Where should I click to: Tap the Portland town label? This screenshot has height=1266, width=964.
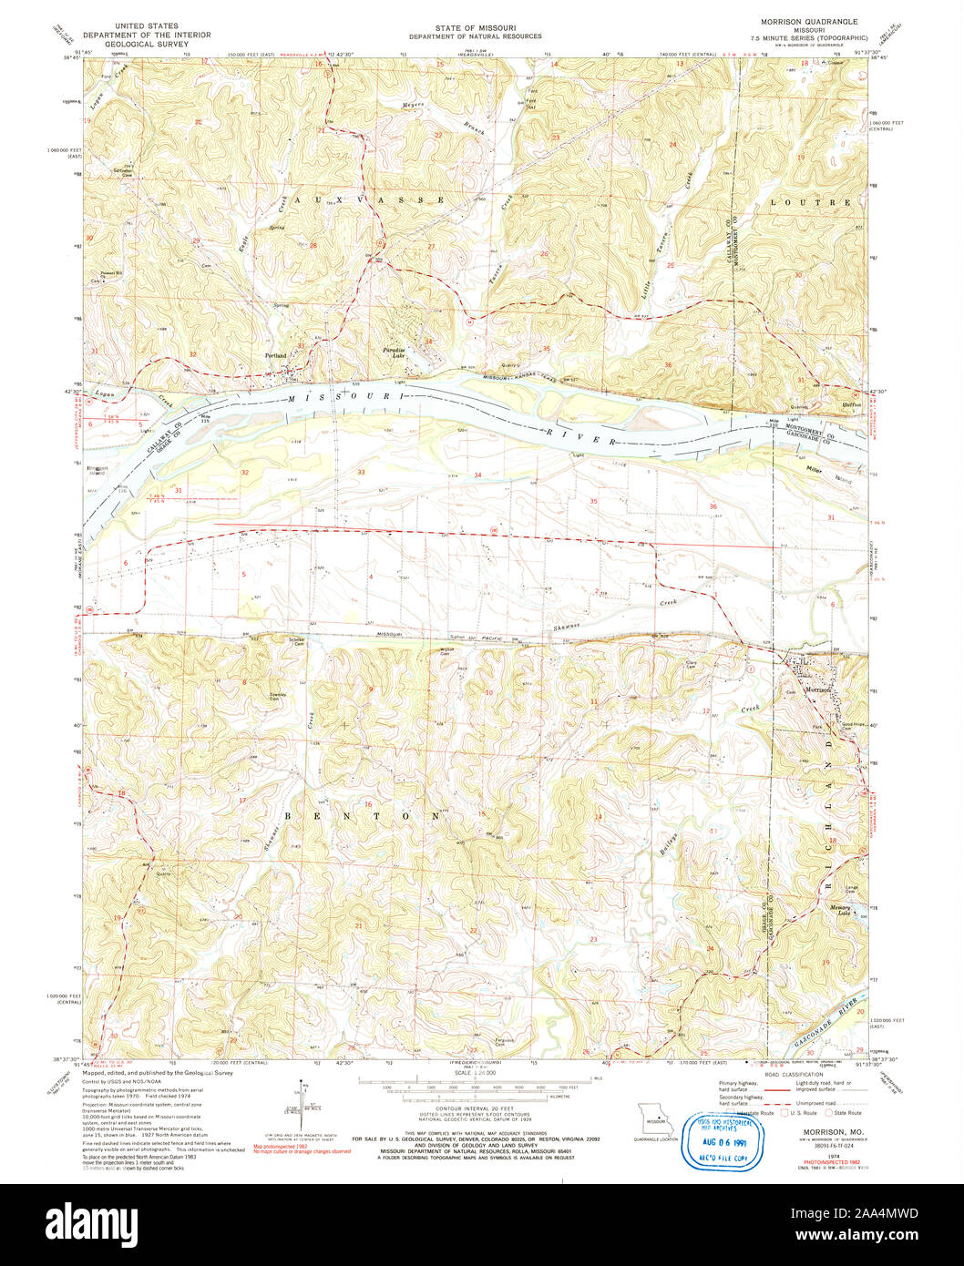(275, 355)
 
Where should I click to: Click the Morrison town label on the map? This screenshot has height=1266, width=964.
(817, 690)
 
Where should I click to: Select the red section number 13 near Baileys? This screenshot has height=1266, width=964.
(713, 831)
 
